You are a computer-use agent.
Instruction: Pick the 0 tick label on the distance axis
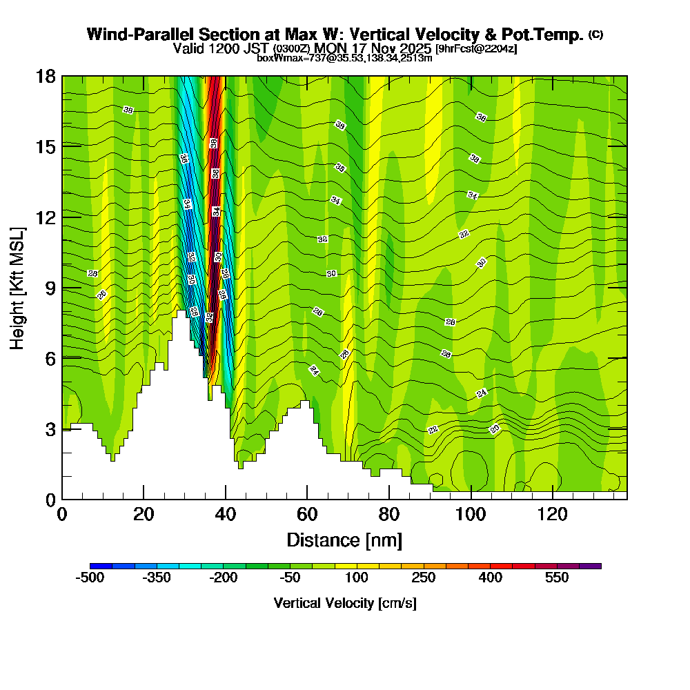click(x=62, y=515)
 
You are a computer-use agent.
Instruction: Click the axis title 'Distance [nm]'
click(x=344, y=540)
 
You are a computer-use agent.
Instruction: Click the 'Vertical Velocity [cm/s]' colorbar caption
click(x=345, y=603)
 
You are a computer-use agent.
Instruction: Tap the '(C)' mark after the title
click(x=596, y=34)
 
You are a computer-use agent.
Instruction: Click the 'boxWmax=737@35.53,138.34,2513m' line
click(x=344, y=58)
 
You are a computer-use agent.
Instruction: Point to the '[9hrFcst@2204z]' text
click(x=476, y=49)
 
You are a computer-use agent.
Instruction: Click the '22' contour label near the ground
click(x=433, y=430)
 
